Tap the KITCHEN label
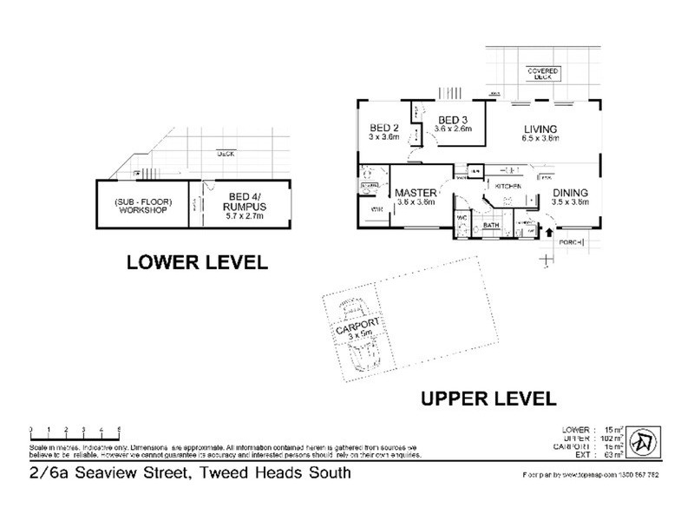click(507, 187)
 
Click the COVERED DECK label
click(547, 74)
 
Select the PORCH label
click(570, 241)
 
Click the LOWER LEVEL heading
click(197, 261)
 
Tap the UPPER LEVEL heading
click(488, 399)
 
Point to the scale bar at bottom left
click(74, 430)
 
